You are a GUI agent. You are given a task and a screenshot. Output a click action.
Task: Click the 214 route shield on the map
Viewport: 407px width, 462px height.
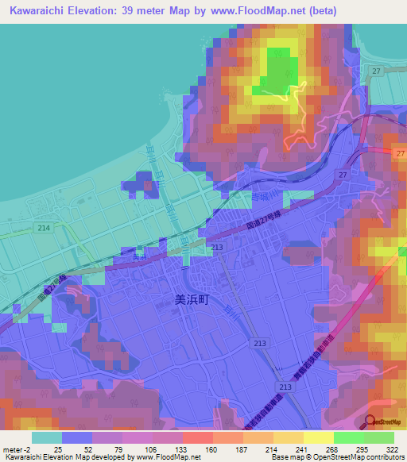[44, 228]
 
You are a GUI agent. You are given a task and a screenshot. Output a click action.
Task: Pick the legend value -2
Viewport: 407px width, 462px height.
[29, 449]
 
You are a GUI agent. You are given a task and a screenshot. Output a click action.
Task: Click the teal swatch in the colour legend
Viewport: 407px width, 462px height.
[47, 437]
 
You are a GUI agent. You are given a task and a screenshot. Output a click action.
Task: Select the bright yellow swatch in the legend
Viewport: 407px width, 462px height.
[319, 437]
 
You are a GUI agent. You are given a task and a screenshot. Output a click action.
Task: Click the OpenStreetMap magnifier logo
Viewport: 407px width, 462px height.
[370, 422]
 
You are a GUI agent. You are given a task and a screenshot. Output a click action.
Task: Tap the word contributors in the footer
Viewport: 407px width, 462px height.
[383, 458]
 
